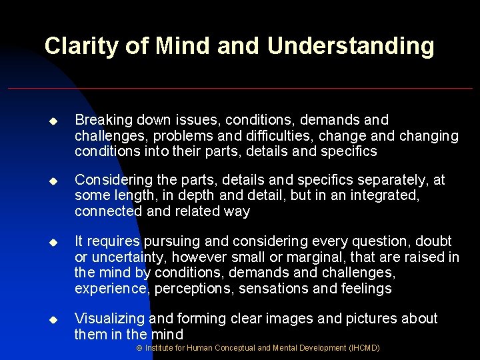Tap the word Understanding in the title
(351, 47)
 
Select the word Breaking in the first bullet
(103, 120)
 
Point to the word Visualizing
(110, 319)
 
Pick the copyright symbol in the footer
(139, 349)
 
